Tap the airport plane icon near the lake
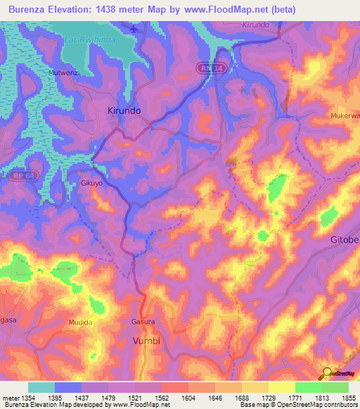pos(135,29)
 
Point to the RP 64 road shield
pos(20,176)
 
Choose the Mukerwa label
pos(345,114)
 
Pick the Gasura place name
pos(143,321)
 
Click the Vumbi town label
pos(146,340)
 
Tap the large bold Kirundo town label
pos(124,111)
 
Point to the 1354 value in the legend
pos(28,398)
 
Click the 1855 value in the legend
pos(349,398)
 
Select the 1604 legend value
pos(188,398)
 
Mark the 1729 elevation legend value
pos(269,398)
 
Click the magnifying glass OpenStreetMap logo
pos(326,373)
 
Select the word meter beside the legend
pos(10,398)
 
